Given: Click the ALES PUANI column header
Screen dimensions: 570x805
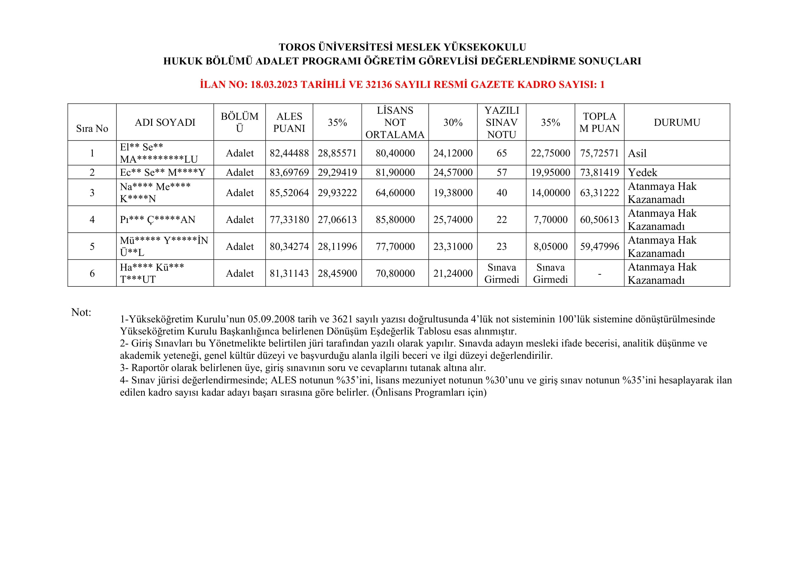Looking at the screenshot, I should click(289, 122).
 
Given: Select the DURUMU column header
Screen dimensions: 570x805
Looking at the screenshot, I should click(677, 122).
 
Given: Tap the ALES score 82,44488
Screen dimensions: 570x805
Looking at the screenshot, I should click(289, 153).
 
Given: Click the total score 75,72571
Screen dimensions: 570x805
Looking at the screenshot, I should click(599, 153).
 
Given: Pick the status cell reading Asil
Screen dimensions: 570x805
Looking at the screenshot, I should click(637, 153).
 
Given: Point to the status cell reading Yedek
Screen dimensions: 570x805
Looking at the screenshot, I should click(642, 172).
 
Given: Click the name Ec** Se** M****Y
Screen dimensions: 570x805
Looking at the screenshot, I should click(162, 172).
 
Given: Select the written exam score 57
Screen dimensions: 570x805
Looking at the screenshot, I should click(501, 172).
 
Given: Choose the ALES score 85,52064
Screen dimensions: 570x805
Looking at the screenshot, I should click(289, 193).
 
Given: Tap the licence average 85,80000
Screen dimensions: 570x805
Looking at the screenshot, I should click(395, 220).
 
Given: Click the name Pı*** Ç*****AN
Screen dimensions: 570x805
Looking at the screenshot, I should click(157, 220).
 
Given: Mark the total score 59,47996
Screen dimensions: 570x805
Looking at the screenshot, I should click(599, 246).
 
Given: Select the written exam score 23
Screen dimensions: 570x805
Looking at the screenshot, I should click(501, 246).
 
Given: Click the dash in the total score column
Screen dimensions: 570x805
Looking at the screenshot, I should click(599, 273).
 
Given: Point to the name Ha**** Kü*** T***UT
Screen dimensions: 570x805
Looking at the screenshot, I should click(151, 273).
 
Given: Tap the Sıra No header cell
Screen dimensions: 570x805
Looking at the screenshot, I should click(92, 129).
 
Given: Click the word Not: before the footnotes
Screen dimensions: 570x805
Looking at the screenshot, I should click(81, 312).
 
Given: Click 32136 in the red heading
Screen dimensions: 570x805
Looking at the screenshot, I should click(378, 84).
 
